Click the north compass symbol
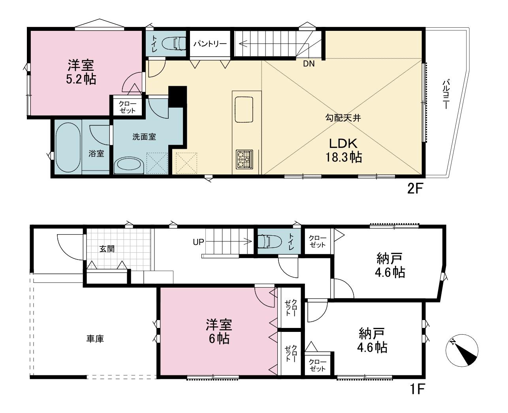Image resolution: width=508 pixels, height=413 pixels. point(462,350)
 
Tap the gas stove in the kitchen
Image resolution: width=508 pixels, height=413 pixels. point(245,159)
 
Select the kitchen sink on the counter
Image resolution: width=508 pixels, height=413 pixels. point(244,110)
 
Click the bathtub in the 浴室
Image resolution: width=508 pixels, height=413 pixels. point(68,148)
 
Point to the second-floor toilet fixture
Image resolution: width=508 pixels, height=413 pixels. point(174,44)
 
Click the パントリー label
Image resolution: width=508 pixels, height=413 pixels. point(210,44)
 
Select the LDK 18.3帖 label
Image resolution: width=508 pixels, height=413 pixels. point(343,150)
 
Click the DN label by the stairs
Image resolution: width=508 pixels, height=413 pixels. point(309,64)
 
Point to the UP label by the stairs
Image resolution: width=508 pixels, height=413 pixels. point(198,242)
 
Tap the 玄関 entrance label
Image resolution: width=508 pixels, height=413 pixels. point(107,249)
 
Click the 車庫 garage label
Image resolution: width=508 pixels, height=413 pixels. point(95,339)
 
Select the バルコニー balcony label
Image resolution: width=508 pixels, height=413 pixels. point(445,95)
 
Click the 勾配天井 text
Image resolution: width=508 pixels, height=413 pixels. point(343,118)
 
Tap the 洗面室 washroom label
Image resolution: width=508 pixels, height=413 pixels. point(144,137)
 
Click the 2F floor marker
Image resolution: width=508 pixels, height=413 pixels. point(415,189)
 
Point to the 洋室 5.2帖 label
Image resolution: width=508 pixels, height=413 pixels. point(81,72)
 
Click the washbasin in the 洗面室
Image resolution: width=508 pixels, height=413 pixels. point(129,165)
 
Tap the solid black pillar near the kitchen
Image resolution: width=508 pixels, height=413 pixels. point(177,97)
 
